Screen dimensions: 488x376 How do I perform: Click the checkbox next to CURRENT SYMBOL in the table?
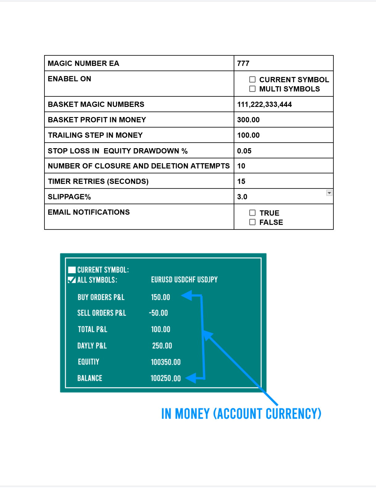coord(252,79)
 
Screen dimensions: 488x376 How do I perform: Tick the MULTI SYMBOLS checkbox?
coord(252,89)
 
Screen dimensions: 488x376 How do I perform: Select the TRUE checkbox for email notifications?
coord(252,213)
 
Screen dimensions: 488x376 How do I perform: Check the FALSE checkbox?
coord(252,222)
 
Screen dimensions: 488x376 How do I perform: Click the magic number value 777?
coord(243,63)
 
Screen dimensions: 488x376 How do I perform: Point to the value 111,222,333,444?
coord(264,104)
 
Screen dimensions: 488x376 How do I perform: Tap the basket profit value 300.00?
coord(248,120)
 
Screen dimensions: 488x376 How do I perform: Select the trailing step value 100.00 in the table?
coord(248,135)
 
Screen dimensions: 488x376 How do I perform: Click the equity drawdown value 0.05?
coord(244,151)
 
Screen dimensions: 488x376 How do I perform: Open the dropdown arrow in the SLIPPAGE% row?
coord(329,193)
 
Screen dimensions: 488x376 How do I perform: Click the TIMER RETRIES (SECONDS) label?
coord(98,181)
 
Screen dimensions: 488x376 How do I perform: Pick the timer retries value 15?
coord(241,181)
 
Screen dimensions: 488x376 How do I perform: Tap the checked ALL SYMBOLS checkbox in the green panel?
coord(72,280)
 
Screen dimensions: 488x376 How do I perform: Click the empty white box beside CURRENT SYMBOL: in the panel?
coord(72,270)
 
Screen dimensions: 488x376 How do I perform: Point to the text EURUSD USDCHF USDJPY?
coord(184,279)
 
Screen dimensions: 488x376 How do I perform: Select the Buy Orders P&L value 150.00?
coord(160,297)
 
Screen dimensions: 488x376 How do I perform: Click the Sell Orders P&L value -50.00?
coord(158,313)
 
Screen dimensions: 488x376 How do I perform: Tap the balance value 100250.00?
coord(165,378)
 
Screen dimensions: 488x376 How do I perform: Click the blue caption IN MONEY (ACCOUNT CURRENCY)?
coord(241,414)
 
